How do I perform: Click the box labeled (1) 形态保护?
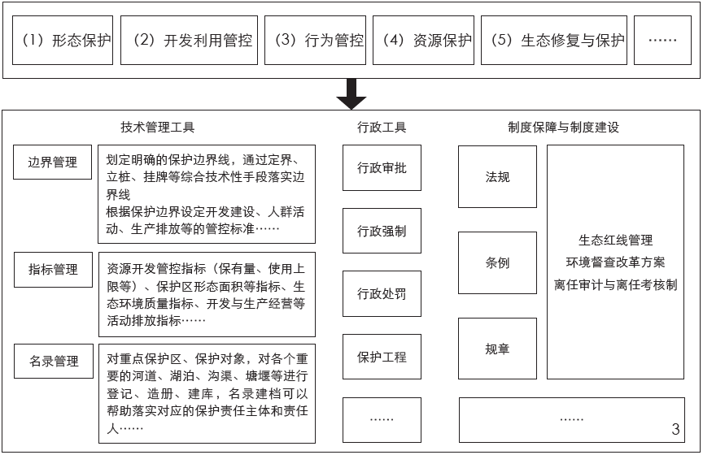click(63, 40)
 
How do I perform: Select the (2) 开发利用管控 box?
click(189, 40)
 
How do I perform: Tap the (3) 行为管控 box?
click(314, 40)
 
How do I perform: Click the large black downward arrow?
click(351, 93)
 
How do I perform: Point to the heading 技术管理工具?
click(157, 128)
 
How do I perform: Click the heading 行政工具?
click(382, 128)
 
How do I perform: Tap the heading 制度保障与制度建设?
click(563, 128)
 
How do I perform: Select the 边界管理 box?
click(53, 162)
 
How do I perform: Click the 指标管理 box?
click(53, 269)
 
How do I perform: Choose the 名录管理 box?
click(53, 361)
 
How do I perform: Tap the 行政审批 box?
click(382, 168)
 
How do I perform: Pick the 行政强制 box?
click(382, 231)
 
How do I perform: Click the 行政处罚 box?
click(382, 293)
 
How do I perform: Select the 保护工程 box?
click(382, 357)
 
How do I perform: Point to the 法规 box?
click(497, 176)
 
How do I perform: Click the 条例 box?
click(497, 262)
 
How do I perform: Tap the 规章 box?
click(497, 349)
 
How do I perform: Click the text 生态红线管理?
click(615, 240)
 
